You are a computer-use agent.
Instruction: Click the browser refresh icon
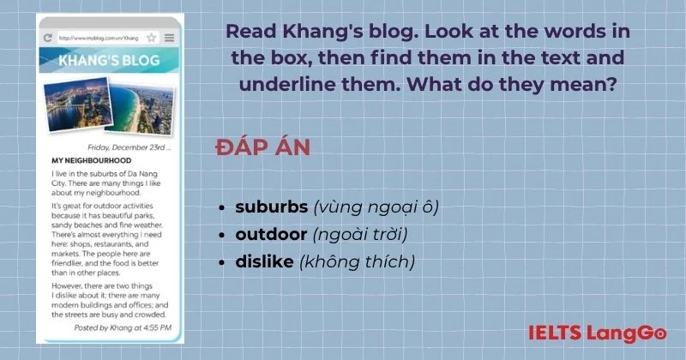(x=48, y=38)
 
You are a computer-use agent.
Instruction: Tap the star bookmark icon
(x=151, y=38)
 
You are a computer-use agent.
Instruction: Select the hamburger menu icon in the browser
(x=169, y=38)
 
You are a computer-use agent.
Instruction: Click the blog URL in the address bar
(x=99, y=38)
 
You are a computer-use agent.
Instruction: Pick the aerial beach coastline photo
(x=139, y=108)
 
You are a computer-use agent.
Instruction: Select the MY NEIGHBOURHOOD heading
(x=90, y=160)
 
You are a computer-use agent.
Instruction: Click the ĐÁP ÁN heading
(x=262, y=147)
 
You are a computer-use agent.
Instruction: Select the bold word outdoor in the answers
(x=272, y=233)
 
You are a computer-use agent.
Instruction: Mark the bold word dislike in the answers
(x=265, y=261)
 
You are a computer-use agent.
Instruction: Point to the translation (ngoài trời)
(x=359, y=233)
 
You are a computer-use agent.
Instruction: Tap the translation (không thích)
(x=357, y=261)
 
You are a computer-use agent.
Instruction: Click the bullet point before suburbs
(x=224, y=207)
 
